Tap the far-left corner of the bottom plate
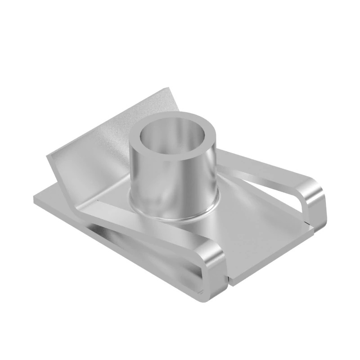[x=34, y=198]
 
